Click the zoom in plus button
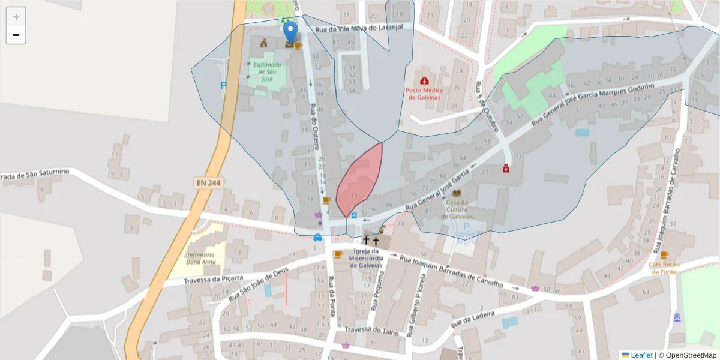pos(16,17)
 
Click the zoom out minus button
pos(16,35)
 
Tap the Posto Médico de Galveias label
pos(424,94)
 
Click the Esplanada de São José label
pos(266,71)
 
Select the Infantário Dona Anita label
pos(202,258)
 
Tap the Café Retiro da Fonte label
pos(664,268)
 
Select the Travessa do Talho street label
pos(371,330)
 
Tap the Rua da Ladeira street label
pos(473,319)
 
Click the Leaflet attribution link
pos(641,355)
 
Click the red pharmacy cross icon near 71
pos(506,169)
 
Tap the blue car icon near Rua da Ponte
pos(317,237)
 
